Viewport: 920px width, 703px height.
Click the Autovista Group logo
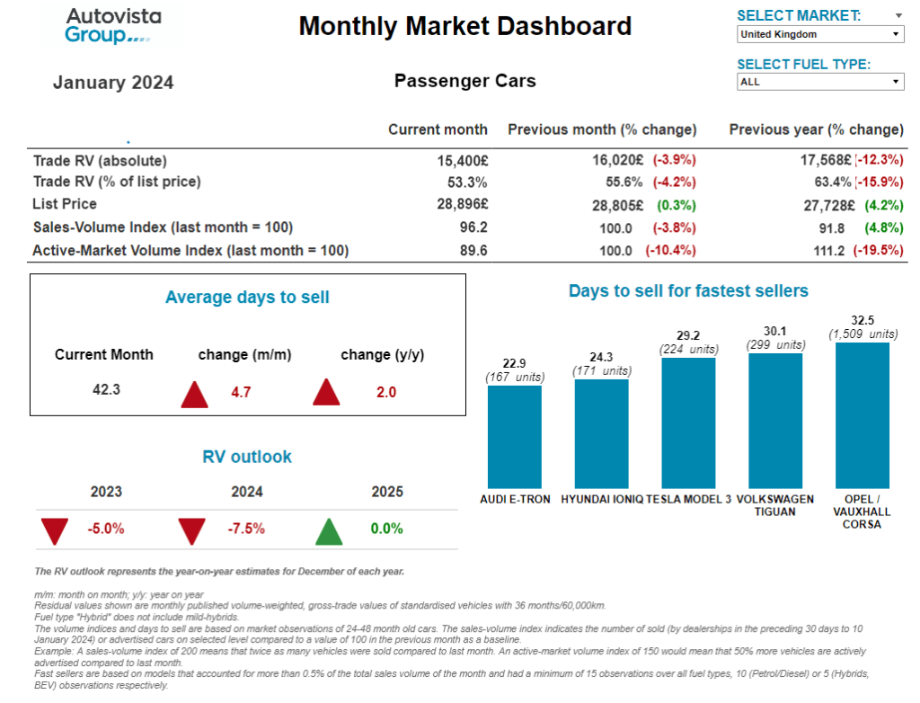pyautogui.click(x=108, y=25)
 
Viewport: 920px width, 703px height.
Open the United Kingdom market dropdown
pyautogui.click(x=819, y=34)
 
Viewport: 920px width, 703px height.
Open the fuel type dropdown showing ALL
pyautogui.click(x=819, y=82)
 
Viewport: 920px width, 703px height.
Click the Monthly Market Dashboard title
pyautogui.click(x=464, y=26)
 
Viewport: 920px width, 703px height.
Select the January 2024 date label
pyautogui.click(x=113, y=83)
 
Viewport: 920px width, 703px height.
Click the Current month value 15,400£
pyautogui.click(x=462, y=160)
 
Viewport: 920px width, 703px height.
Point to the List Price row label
pyautogui.click(x=64, y=204)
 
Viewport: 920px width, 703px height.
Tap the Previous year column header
pyautogui.click(x=816, y=129)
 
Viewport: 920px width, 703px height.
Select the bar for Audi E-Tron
pyautogui.click(x=514, y=436)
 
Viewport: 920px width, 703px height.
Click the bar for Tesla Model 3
pyautogui.click(x=688, y=423)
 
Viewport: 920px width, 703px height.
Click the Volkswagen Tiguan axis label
pyautogui.click(x=774, y=505)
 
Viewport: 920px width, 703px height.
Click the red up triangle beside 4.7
pyautogui.click(x=194, y=393)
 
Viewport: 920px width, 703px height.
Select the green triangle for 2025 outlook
pyautogui.click(x=329, y=530)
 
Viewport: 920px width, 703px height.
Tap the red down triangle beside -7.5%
pyautogui.click(x=191, y=530)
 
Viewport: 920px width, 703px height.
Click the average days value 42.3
pyautogui.click(x=105, y=389)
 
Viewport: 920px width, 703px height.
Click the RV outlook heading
pyautogui.click(x=247, y=457)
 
